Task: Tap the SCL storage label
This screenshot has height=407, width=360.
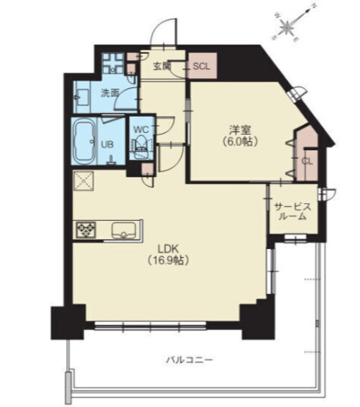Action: tap(201, 66)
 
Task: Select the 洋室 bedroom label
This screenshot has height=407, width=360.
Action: tap(240, 130)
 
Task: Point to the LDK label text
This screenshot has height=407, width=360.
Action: tap(168, 249)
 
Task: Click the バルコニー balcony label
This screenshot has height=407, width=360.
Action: tap(189, 359)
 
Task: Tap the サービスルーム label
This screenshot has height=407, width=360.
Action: tap(292, 211)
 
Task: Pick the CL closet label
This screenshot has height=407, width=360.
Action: tap(307, 161)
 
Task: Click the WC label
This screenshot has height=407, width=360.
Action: tap(141, 130)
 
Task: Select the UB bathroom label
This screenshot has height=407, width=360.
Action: tap(107, 145)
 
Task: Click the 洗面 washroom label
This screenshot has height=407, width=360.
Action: tap(110, 93)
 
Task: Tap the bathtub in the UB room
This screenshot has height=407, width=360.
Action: tap(84, 141)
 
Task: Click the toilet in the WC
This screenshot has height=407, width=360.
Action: tap(141, 145)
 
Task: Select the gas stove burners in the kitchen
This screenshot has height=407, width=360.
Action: tap(86, 230)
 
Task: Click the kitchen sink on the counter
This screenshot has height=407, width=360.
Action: tap(123, 230)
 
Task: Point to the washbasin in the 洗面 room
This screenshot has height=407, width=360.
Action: tap(82, 98)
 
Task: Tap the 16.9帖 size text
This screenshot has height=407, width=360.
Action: tap(168, 260)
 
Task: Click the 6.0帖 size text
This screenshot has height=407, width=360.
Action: tap(240, 141)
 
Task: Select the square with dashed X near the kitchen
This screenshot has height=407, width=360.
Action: tap(84, 181)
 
